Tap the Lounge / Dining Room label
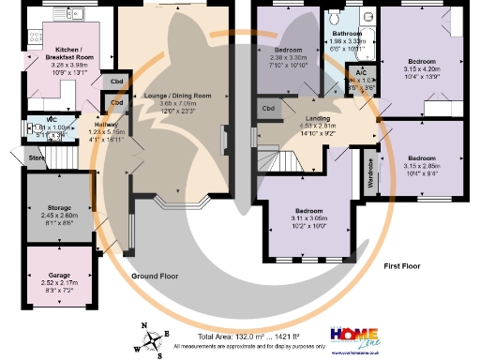tap(177, 96)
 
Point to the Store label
tap(37, 158)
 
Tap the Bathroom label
tap(346, 33)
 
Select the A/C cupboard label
tap(360, 73)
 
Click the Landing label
tap(326, 116)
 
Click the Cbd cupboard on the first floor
tap(268, 110)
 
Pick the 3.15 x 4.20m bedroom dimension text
tap(424, 67)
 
